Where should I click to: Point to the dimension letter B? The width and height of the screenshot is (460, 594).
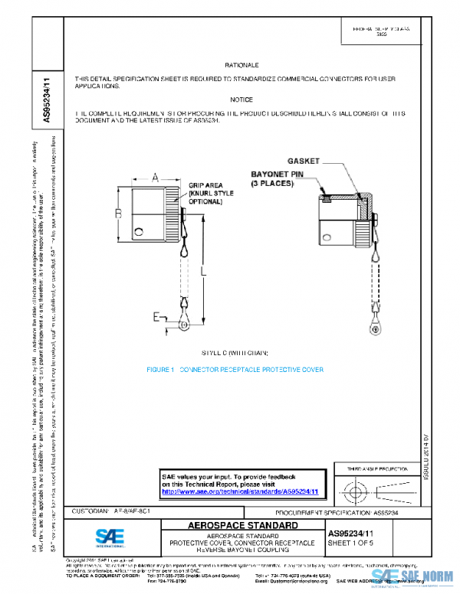(119, 212)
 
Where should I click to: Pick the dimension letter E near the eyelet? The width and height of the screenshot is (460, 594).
(156, 315)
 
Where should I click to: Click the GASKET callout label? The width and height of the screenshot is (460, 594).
(304, 162)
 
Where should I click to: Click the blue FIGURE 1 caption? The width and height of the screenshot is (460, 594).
(235, 370)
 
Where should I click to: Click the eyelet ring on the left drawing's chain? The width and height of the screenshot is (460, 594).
(183, 325)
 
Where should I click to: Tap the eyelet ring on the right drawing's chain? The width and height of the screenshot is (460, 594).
(374, 329)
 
